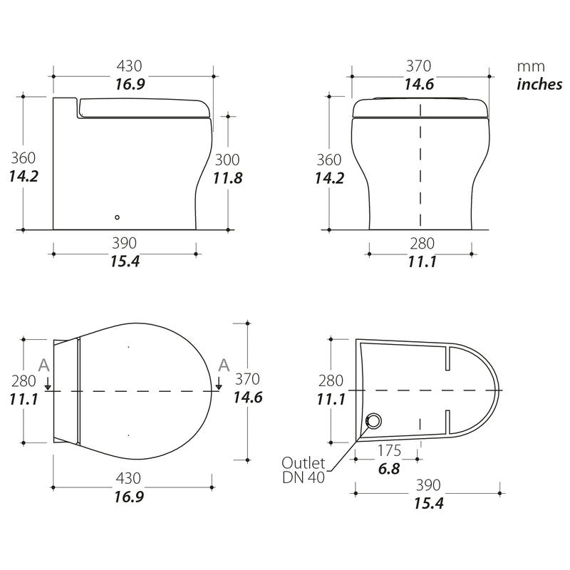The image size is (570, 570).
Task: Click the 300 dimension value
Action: pos(227,160)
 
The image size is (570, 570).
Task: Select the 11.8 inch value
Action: pos(227,178)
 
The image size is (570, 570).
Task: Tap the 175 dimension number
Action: pos(389,451)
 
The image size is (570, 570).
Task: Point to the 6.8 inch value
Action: pos(389,469)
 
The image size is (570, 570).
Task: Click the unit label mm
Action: pos(531,67)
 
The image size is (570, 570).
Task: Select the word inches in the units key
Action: pos(539,84)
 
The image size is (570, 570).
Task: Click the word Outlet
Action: pos(304,462)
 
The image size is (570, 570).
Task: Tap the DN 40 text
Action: pos(304,477)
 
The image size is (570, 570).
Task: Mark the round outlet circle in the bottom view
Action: pos(373,421)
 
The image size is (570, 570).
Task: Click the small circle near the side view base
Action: pos(117,217)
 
